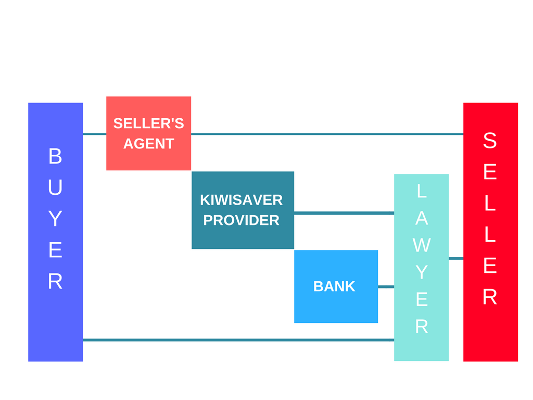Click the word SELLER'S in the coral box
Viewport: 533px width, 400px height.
(x=148, y=123)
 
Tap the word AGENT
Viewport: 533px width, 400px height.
(x=148, y=144)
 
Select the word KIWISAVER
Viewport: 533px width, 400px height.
(x=242, y=200)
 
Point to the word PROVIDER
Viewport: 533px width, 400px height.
(x=241, y=220)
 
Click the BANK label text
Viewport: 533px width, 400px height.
(x=334, y=286)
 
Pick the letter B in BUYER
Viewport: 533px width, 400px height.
(x=55, y=156)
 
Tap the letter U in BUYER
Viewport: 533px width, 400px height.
(x=55, y=187)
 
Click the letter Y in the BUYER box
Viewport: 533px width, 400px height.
(x=55, y=219)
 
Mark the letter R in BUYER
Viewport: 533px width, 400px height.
(x=55, y=282)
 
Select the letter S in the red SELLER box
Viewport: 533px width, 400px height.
(x=490, y=141)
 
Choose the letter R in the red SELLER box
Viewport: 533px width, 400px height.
(x=490, y=297)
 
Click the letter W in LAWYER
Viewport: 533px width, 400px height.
(x=422, y=245)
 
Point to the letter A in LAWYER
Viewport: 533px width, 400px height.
(x=422, y=219)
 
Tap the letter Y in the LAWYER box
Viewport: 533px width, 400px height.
(x=422, y=272)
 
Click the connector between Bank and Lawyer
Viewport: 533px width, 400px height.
(x=386, y=286)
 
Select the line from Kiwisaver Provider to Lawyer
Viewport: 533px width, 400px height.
(x=344, y=213)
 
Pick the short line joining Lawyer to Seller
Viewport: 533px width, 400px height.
(x=456, y=258)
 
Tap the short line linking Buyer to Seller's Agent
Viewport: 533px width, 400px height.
(x=94, y=134)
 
